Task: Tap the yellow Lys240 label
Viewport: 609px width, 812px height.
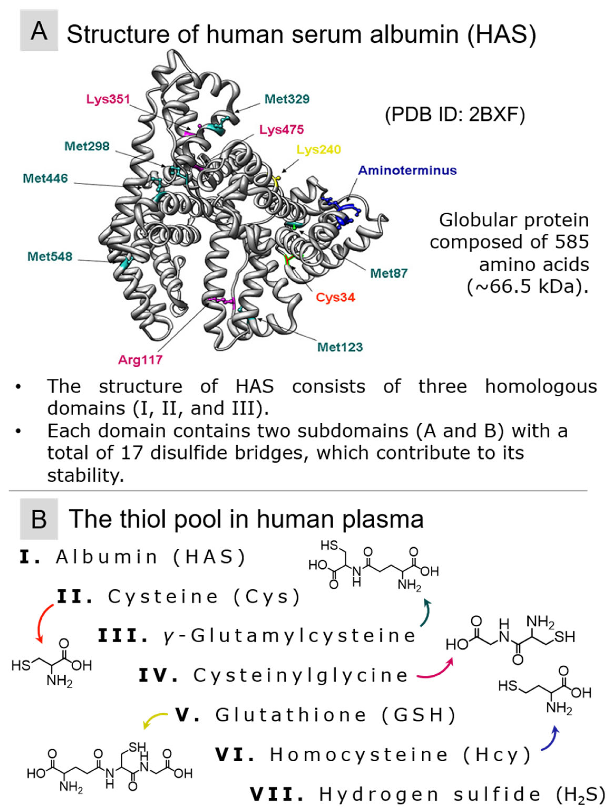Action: pos(318,150)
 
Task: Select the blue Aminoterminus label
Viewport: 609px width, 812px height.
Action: pos(407,170)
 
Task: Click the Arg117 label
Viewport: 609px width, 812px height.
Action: pos(140,360)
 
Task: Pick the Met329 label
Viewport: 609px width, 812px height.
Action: pos(287,99)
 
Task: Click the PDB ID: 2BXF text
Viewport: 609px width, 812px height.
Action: pos(455,115)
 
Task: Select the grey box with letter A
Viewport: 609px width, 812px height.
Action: pos(39,31)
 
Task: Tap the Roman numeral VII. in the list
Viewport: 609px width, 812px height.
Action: pos(277,795)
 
